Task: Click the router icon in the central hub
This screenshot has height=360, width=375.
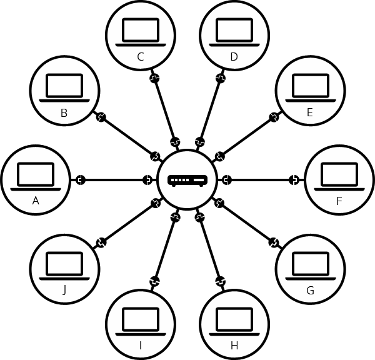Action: pyautogui.click(x=187, y=181)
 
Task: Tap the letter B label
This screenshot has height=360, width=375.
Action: pyautogui.click(x=64, y=113)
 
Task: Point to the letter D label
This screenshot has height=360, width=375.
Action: pyautogui.click(x=234, y=57)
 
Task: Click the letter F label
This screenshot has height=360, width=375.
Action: pyautogui.click(x=339, y=201)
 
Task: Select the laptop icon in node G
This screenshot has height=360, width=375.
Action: pyautogui.click(x=310, y=266)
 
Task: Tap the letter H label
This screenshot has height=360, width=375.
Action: pyautogui.click(x=234, y=345)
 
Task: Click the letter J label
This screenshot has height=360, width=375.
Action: pyautogui.click(x=64, y=290)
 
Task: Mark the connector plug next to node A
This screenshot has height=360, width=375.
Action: pyautogui.click(x=80, y=181)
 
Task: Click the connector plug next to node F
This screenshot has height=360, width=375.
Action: pyautogui.click(x=294, y=181)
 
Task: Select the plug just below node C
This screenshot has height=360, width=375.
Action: pyautogui.click(x=154, y=79)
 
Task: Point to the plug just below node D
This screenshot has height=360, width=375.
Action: pyautogui.click(x=220, y=79)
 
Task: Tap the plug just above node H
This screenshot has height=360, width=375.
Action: pyautogui.click(x=220, y=282)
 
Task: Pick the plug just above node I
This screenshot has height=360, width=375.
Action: pyautogui.click(x=154, y=282)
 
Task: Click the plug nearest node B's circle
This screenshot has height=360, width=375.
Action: pyautogui.click(x=100, y=117)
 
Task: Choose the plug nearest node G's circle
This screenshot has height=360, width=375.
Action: pyautogui.click(x=274, y=242)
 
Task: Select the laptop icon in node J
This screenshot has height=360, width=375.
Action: pyautogui.click(x=64, y=266)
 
